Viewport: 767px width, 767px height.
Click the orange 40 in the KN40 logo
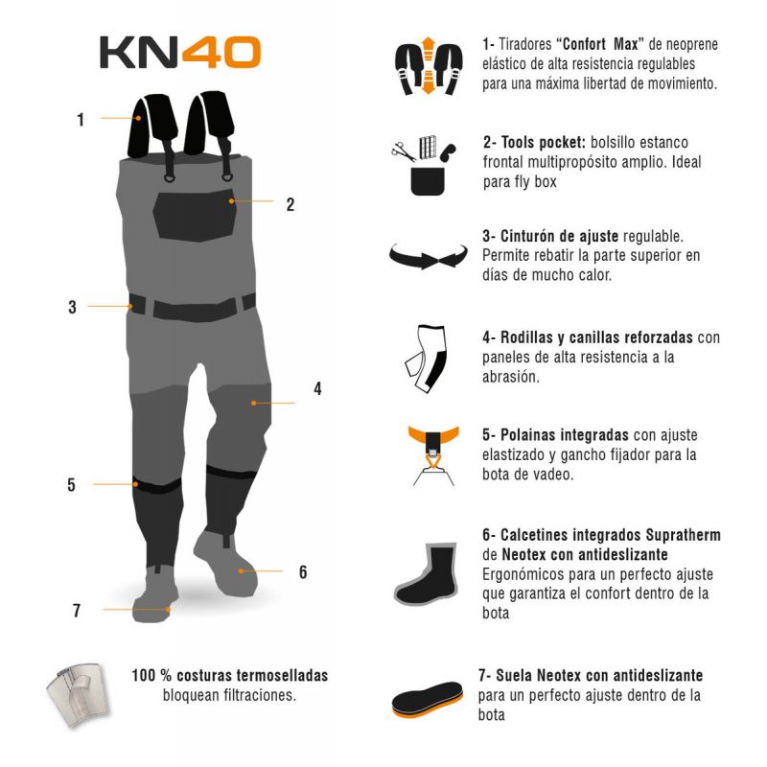221,53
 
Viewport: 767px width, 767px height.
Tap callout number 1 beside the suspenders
81,120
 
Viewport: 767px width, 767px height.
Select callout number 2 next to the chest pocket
291,204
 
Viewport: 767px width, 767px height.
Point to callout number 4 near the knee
317,389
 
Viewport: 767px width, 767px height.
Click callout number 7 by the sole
77,611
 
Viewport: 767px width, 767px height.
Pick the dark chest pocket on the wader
195,216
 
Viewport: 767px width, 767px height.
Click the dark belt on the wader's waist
193,308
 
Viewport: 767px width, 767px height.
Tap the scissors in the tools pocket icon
404,151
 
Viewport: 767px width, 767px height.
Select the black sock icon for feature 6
427,573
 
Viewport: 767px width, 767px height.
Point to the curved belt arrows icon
428,256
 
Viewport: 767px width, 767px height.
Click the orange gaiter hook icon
433,454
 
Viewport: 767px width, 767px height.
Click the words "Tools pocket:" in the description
534,142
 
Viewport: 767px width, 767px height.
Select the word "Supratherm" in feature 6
683,535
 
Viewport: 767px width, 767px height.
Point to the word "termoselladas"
282,676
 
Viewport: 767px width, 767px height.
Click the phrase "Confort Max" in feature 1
601,44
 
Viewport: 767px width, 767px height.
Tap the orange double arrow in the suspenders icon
428,65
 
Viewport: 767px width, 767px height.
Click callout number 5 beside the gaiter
71,485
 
